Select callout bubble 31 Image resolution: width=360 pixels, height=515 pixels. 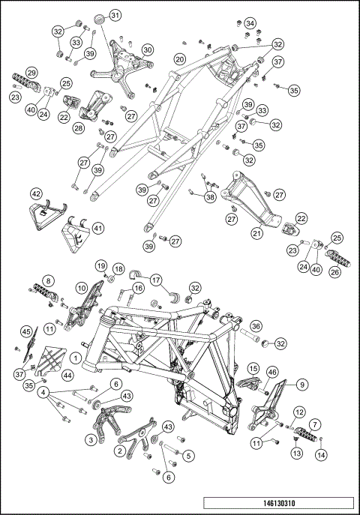115,16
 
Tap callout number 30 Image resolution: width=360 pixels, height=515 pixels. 148,49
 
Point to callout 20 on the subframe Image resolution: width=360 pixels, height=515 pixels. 179,58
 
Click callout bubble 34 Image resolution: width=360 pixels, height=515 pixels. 250,22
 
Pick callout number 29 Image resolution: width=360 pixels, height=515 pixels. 31,72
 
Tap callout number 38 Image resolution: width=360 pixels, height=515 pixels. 209,197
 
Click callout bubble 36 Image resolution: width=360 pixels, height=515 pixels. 256,326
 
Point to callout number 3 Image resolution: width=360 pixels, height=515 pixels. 91,442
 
